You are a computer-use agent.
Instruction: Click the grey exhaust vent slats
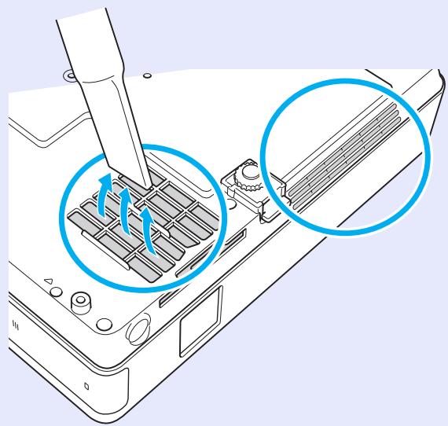(346, 150)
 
